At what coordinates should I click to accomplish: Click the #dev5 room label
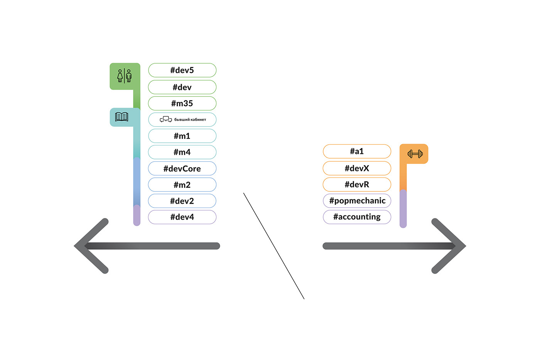[182, 70]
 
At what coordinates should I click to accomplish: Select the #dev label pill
[182, 87]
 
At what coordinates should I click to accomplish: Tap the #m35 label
[182, 103]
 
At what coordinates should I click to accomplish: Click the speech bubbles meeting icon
[166, 120]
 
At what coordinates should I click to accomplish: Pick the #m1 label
[182, 136]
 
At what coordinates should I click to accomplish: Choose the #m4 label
[182, 152]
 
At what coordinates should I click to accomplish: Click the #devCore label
[182, 169]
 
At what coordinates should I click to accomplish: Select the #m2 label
[182, 185]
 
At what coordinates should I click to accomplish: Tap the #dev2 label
[182, 201]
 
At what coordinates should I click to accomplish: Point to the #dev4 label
[182, 217]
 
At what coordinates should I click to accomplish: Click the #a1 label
[357, 151]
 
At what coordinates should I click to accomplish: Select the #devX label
[357, 168]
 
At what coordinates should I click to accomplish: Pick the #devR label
[357, 184]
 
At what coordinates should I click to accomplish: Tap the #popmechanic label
[357, 201]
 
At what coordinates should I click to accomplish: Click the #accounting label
[357, 217]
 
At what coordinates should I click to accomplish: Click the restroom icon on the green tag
[125, 76]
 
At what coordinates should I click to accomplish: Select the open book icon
[121, 117]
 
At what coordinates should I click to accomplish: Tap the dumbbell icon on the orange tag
[415, 154]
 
